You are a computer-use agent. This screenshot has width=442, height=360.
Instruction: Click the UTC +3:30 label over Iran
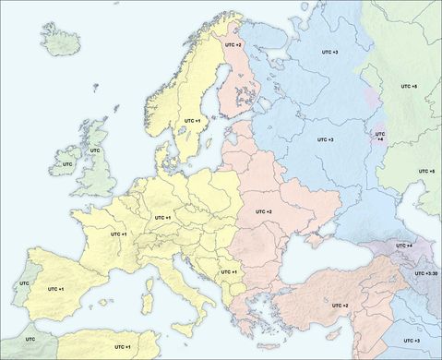pyautogui.click(x=427, y=273)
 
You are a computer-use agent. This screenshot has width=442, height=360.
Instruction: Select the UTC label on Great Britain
pyautogui.click(x=94, y=150)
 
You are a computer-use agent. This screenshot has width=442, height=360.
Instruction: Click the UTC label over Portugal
pyautogui.click(x=24, y=283)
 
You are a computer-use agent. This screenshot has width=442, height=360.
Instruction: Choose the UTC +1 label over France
pyautogui.click(x=118, y=234)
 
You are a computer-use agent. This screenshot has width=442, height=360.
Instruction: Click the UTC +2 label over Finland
pyautogui.click(x=233, y=44)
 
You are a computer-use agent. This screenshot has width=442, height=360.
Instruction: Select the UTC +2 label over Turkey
pyautogui.click(x=340, y=306)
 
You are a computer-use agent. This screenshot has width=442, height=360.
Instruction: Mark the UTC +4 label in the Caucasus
pyautogui.click(x=403, y=246)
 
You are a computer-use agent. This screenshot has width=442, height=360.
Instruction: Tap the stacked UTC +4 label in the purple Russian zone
pyautogui.click(x=379, y=136)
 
